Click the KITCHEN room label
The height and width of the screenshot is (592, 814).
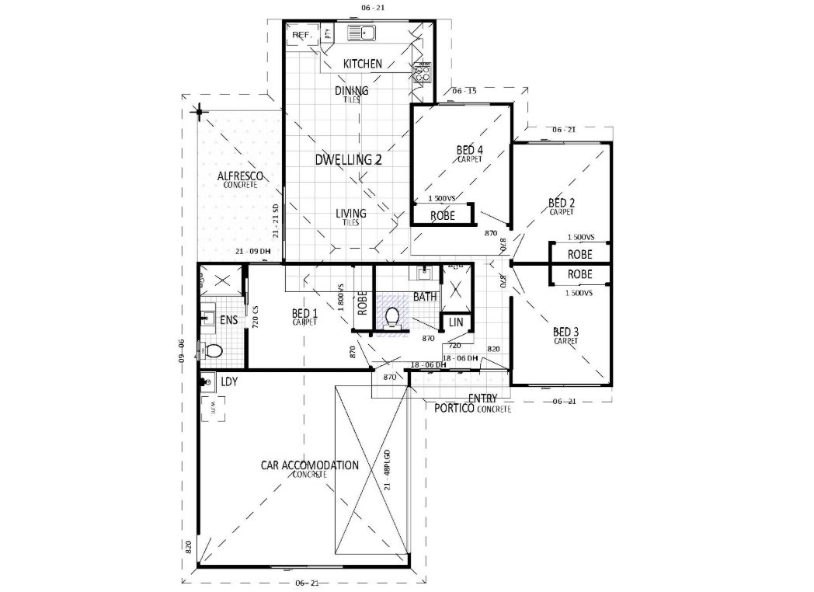[362, 63]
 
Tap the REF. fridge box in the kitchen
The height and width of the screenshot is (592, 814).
[302, 36]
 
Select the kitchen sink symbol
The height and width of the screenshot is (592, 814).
[361, 33]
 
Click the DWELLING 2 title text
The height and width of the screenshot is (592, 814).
[348, 160]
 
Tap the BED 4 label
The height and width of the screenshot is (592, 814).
[469, 150]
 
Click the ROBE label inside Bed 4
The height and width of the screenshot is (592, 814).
[442, 215]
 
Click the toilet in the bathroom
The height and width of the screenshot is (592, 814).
[394, 318]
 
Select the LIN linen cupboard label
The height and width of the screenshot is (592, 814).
[456, 322]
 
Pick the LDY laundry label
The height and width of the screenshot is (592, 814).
[228, 382]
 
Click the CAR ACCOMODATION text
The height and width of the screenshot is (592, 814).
[309, 465]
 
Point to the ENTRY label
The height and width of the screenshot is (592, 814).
[482, 399]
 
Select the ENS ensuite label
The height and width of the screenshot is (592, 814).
[228, 320]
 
